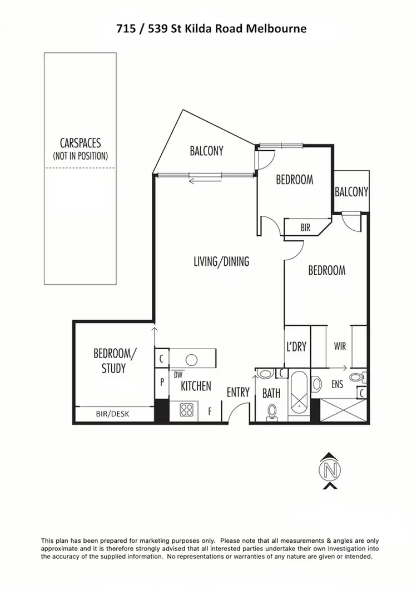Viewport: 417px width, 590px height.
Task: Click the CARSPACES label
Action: pyautogui.click(x=80, y=143)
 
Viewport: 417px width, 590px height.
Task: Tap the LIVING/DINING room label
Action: pyautogui.click(x=221, y=261)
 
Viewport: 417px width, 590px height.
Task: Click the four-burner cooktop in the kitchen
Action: pyautogui.click(x=186, y=411)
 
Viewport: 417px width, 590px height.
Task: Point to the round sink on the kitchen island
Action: pyautogui.click(x=192, y=359)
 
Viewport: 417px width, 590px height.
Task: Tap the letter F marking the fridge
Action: pyautogui.click(x=210, y=411)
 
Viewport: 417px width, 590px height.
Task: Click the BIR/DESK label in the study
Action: pyautogui.click(x=114, y=414)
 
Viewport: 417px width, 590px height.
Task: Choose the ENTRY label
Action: pyautogui.click(x=238, y=393)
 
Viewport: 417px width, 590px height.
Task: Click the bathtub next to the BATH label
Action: pyautogui.click(x=299, y=393)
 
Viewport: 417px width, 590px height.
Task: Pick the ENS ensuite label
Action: pyautogui.click(x=337, y=384)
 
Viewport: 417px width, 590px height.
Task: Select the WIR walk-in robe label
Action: pyautogui.click(x=340, y=346)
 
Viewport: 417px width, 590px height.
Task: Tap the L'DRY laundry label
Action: pyautogui.click(x=296, y=346)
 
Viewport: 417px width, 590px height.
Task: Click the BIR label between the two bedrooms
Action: pyautogui.click(x=305, y=227)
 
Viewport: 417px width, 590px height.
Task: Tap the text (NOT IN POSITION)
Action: pyautogui.click(x=80, y=156)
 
